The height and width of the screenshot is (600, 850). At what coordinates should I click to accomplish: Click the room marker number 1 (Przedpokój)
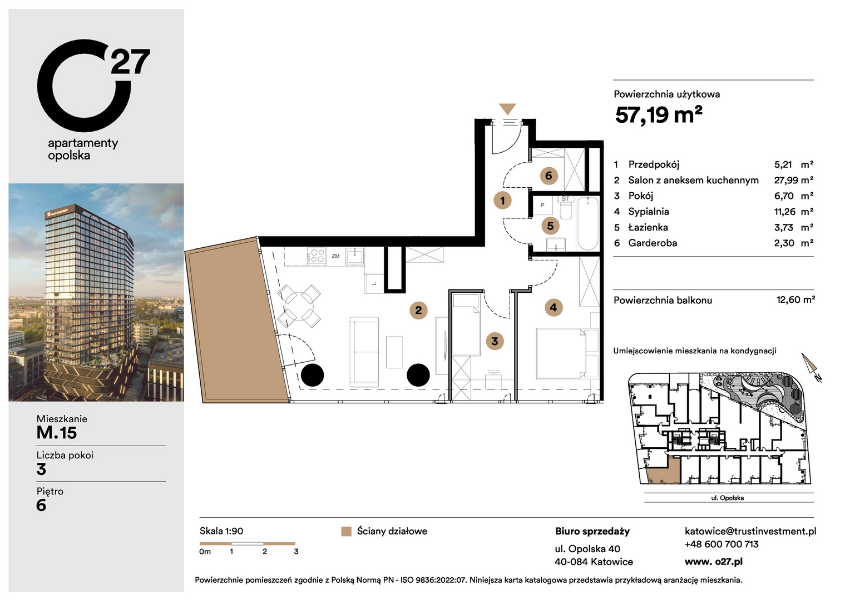click(x=502, y=200)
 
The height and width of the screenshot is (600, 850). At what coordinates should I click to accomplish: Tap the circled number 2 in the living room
click(x=418, y=311)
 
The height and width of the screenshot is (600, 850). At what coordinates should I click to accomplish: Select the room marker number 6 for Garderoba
click(x=548, y=176)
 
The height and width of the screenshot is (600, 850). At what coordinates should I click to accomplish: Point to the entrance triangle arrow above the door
click(x=507, y=109)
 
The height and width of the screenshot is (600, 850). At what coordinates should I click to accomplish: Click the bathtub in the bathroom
click(x=587, y=224)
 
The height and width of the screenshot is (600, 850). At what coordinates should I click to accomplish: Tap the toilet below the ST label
click(x=566, y=210)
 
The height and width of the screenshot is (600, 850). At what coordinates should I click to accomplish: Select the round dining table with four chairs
click(x=299, y=306)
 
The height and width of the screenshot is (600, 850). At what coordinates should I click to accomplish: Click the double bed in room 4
click(x=567, y=354)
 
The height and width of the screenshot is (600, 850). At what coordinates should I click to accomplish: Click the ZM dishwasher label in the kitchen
click(x=335, y=256)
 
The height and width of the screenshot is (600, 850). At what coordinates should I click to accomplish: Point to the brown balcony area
click(x=238, y=321)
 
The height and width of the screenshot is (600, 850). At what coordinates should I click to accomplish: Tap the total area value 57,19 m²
click(x=659, y=115)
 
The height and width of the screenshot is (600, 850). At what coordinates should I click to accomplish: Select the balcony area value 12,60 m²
click(x=795, y=299)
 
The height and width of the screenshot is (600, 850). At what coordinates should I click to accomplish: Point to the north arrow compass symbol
click(x=811, y=367)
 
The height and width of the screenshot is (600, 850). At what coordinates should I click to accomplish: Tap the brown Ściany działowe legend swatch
click(x=346, y=532)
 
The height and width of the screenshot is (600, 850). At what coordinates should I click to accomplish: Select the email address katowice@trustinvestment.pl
click(x=750, y=531)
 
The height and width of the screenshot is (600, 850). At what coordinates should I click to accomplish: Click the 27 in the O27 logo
click(x=131, y=62)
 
